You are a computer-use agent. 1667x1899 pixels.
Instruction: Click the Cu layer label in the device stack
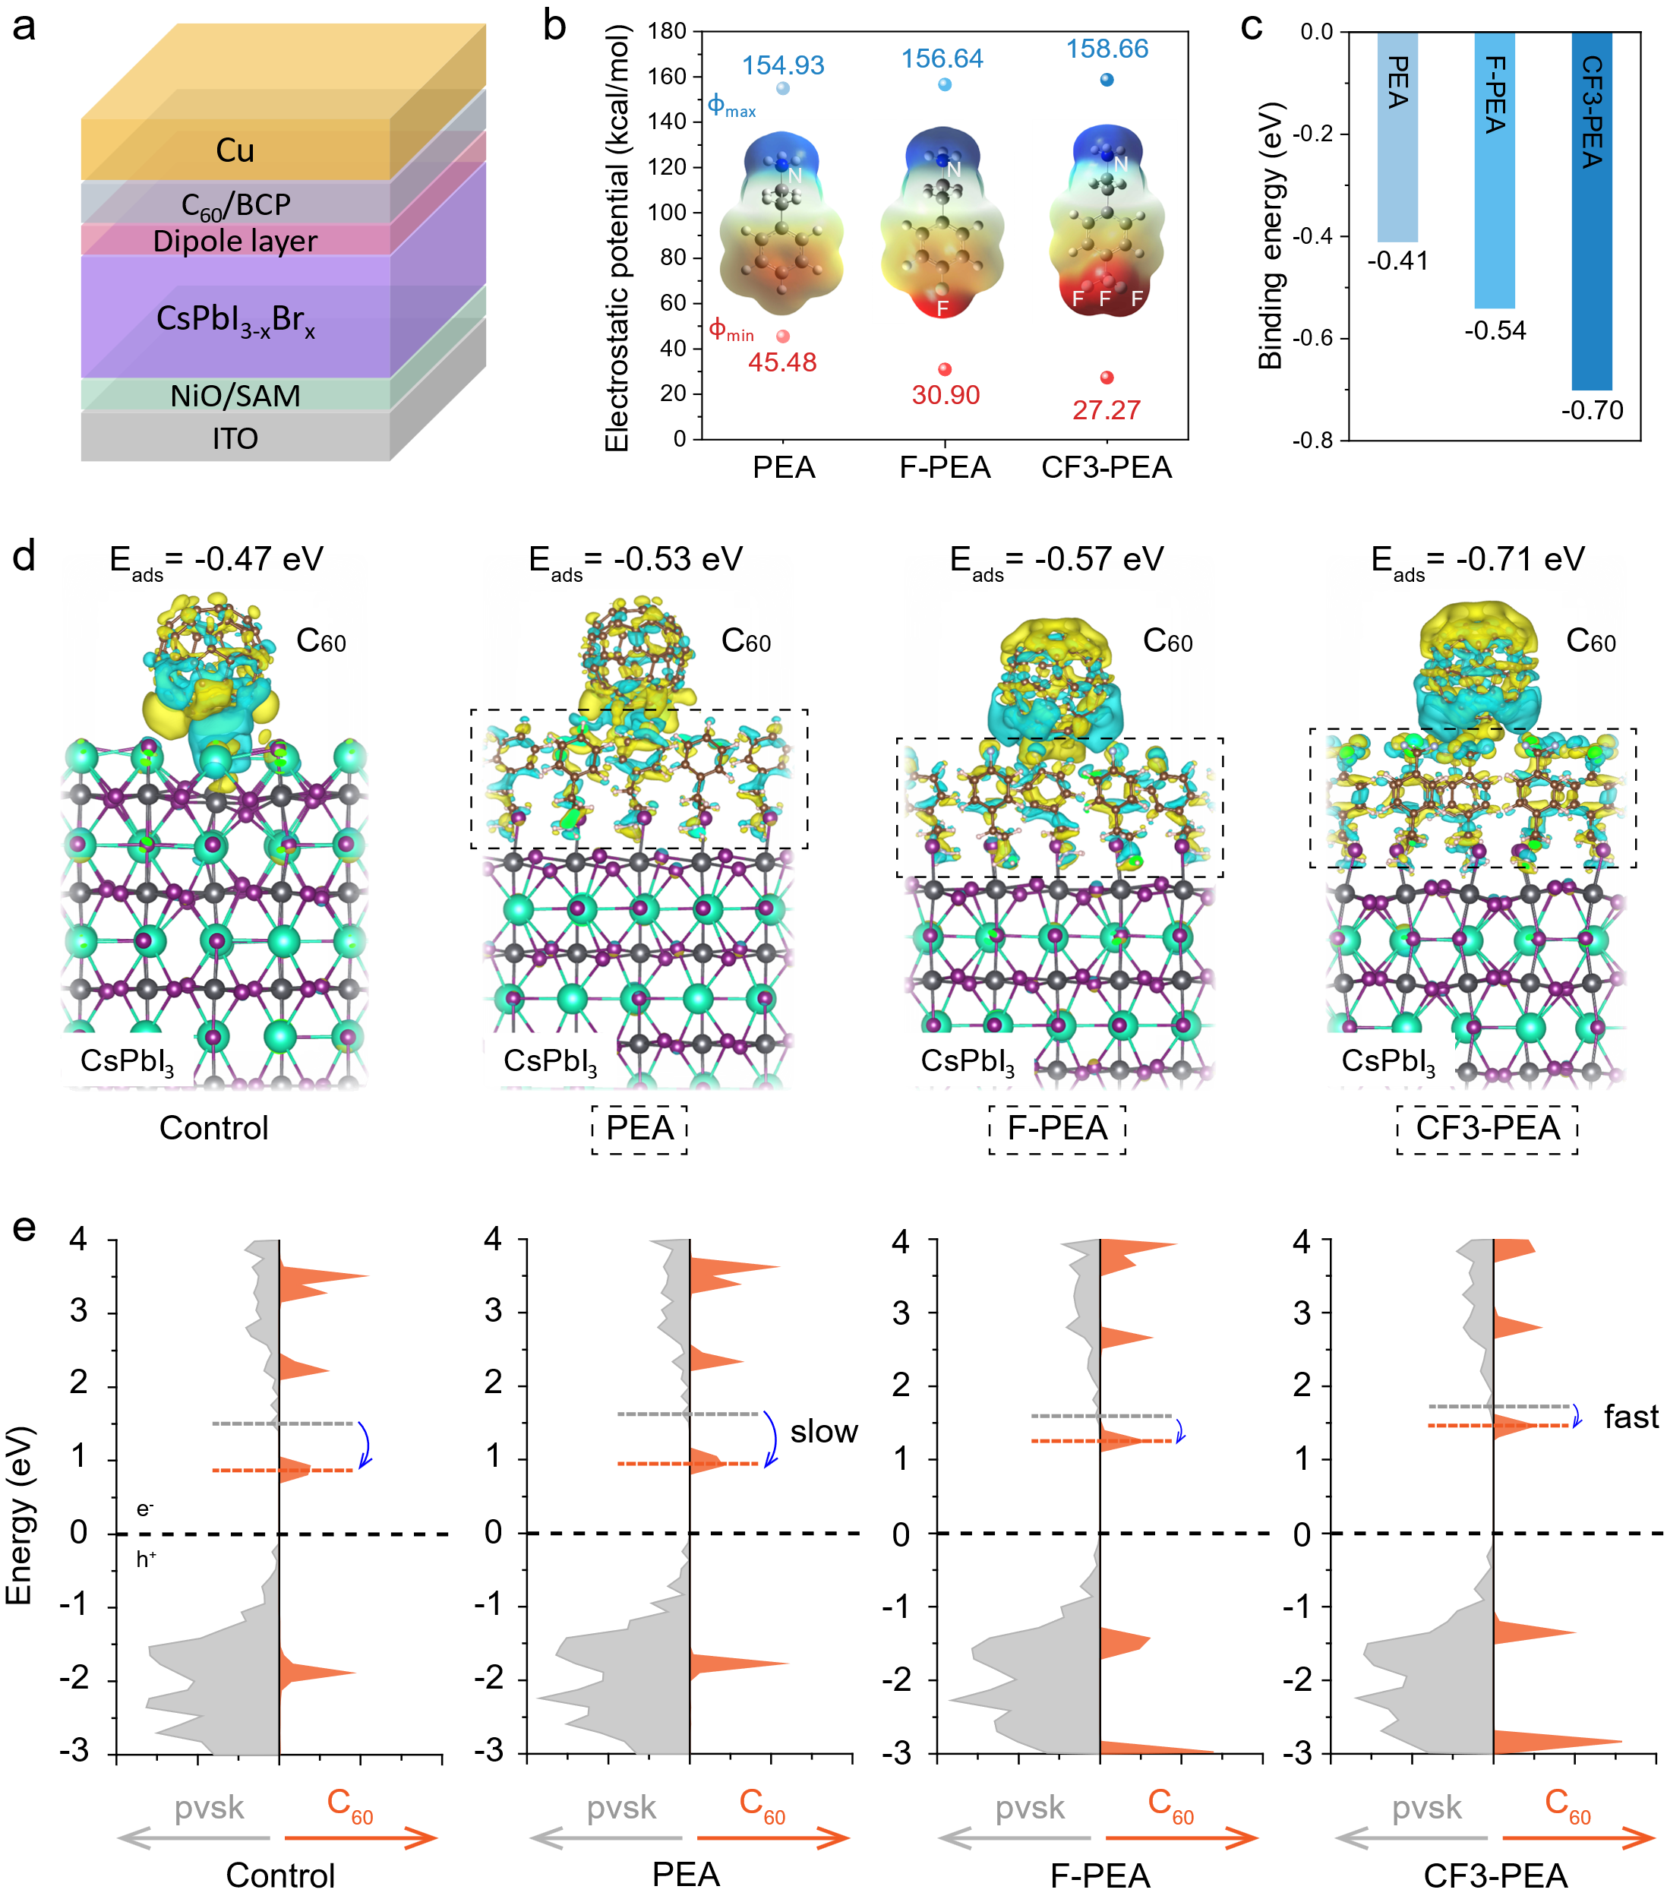tap(235, 150)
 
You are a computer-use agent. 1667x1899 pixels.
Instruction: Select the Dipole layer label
tap(235, 242)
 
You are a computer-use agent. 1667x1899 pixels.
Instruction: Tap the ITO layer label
tap(235, 438)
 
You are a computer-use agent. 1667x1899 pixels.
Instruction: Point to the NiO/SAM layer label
tap(235, 397)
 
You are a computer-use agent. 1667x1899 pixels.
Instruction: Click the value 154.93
tap(783, 66)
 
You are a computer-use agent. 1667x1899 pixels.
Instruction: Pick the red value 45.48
tap(783, 362)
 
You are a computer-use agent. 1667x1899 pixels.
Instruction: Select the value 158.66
tap(1107, 49)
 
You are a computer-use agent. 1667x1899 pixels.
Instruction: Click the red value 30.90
tap(946, 395)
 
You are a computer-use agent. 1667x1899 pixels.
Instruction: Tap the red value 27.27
tap(1106, 409)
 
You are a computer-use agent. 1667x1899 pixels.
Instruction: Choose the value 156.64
tap(942, 59)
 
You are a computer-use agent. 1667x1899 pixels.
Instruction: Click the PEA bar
tap(1397, 137)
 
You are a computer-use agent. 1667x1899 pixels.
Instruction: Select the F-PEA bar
tap(1495, 171)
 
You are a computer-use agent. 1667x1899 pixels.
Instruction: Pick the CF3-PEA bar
tap(1592, 212)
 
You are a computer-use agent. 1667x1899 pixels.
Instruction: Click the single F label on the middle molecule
tap(942, 308)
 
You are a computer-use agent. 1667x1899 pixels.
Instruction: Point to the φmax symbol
tap(731, 105)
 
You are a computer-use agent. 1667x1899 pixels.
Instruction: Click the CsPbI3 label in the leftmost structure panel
tap(128, 1061)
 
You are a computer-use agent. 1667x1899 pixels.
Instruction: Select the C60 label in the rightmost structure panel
tap(1591, 641)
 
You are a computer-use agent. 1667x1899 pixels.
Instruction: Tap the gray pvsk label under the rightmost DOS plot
tap(1426, 1808)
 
